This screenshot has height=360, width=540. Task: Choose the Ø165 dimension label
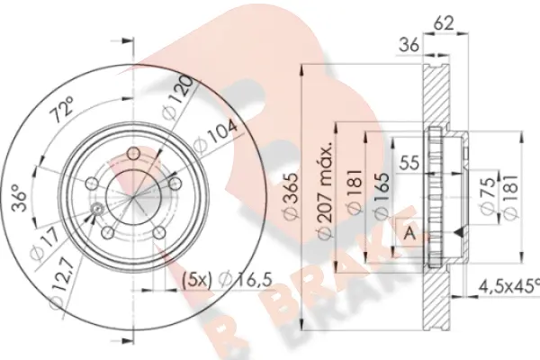[382, 199]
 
